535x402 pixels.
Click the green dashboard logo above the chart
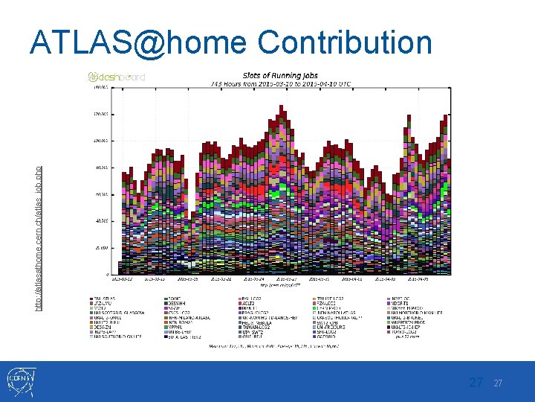117,77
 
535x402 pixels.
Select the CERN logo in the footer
22,381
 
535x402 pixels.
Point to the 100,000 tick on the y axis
98,140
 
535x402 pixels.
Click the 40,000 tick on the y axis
98,220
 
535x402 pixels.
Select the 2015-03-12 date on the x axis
122,281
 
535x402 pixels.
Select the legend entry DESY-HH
179,304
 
